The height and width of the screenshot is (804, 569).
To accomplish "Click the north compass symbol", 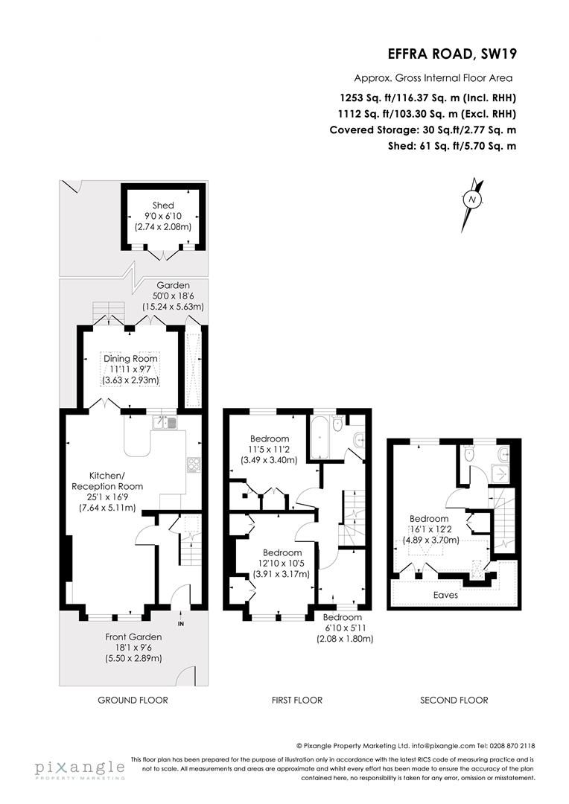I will click(x=471, y=200).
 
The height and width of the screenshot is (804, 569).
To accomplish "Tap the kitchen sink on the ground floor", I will click(x=165, y=423).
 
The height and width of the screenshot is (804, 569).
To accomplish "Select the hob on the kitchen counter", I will click(x=193, y=465).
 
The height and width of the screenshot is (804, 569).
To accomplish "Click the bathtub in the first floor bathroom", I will click(x=322, y=435).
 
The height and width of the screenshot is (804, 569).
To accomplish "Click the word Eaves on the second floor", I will click(x=446, y=596).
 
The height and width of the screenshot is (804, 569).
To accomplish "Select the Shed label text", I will click(x=163, y=205).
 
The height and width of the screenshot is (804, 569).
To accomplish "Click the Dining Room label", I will click(x=131, y=358).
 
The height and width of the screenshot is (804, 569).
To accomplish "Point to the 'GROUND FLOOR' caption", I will click(x=133, y=700).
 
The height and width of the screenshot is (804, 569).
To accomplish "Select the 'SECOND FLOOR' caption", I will click(x=454, y=700).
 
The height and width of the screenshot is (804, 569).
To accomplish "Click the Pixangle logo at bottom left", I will click(x=79, y=768).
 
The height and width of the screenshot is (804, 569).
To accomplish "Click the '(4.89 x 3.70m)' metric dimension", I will click(x=428, y=540).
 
